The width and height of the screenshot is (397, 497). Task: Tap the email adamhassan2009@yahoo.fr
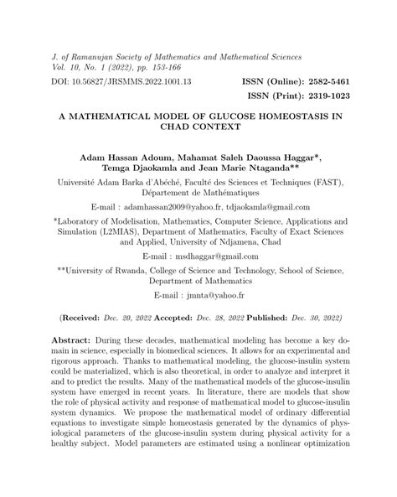click(x=184, y=207)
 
